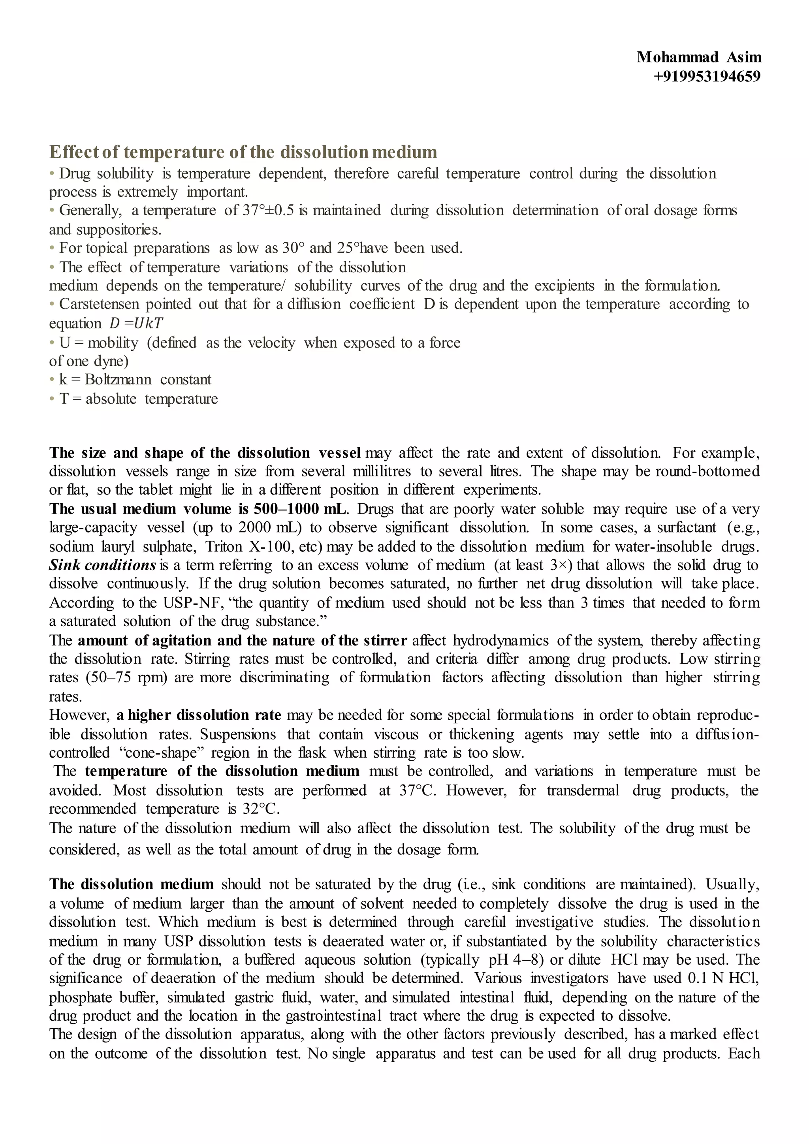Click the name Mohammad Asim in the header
click(698, 57)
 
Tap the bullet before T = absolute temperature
click(52, 399)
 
